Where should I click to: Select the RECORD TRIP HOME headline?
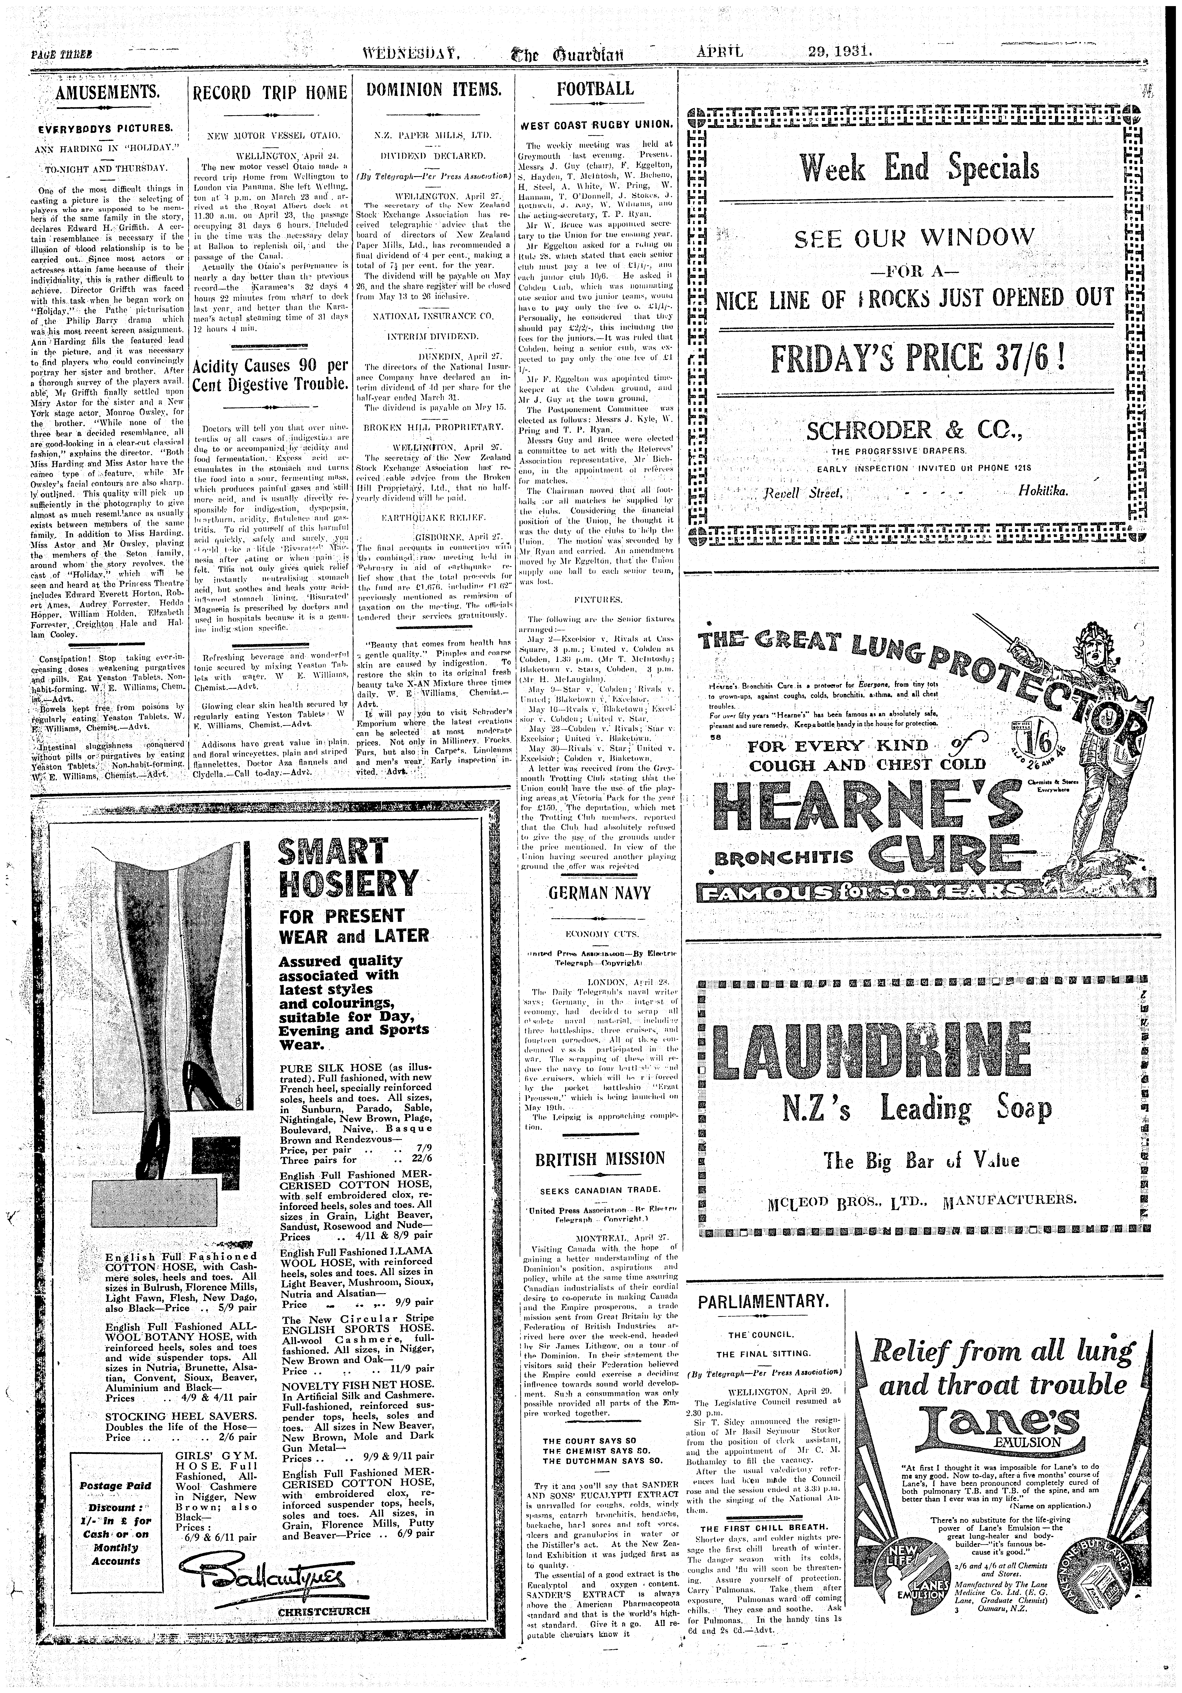[x=269, y=93]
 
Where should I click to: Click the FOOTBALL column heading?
[x=595, y=89]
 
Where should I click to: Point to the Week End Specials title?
[x=919, y=169]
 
